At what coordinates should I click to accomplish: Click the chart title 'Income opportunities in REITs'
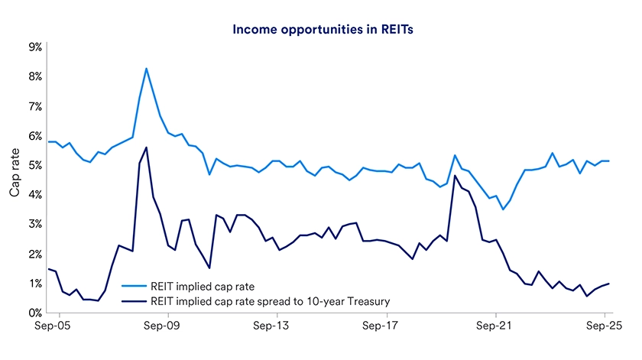pyautogui.click(x=320, y=30)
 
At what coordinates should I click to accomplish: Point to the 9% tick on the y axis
pyautogui.click(x=35, y=47)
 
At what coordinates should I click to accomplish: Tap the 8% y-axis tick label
pyautogui.click(x=35, y=76)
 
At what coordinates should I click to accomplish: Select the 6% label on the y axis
pyautogui.click(x=35, y=135)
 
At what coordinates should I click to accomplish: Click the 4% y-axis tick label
pyautogui.click(x=35, y=195)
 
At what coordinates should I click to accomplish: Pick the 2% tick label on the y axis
pyautogui.click(x=35, y=254)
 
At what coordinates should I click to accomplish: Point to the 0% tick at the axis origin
pyautogui.click(x=35, y=313)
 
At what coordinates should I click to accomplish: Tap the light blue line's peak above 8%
pyautogui.click(x=146, y=69)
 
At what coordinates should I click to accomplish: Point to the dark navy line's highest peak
pyautogui.click(x=146, y=148)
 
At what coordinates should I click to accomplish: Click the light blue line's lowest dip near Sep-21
pyautogui.click(x=503, y=209)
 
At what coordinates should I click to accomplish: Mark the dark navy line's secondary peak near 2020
pyautogui.click(x=455, y=176)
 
